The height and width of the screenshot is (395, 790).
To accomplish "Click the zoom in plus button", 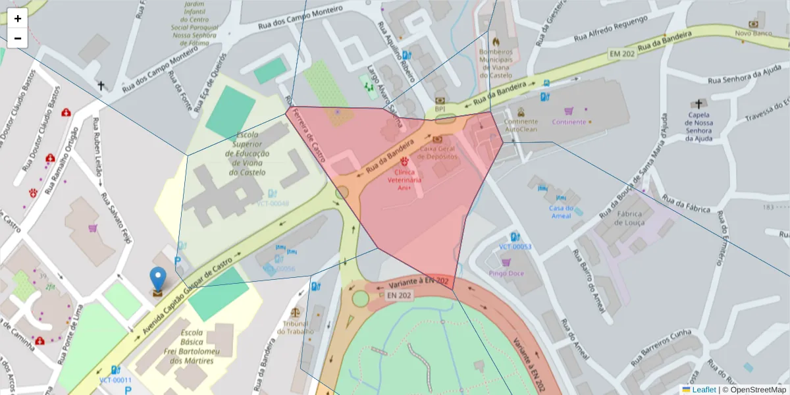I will point(18,18).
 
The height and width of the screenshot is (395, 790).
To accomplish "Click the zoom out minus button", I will point(18,38).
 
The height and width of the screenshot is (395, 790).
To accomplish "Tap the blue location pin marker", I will point(158,279).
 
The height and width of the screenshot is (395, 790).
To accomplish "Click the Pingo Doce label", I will point(506,273).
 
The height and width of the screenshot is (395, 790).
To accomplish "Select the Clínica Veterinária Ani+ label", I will point(404,179).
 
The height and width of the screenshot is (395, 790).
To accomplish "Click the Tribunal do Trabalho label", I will point(296,327).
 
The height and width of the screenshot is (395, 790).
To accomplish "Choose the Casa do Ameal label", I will point(560,211).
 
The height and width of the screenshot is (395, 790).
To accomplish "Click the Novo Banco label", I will point(753,33).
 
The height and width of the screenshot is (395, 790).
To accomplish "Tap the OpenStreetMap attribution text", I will point(754,390).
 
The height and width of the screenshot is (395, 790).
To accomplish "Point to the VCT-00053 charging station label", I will point(515,247).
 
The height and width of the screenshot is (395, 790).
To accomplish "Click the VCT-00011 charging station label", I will point(116,380).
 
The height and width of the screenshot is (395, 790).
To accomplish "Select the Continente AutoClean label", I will point(521,125).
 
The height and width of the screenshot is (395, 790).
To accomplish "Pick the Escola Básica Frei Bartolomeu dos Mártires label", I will point(196,346).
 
